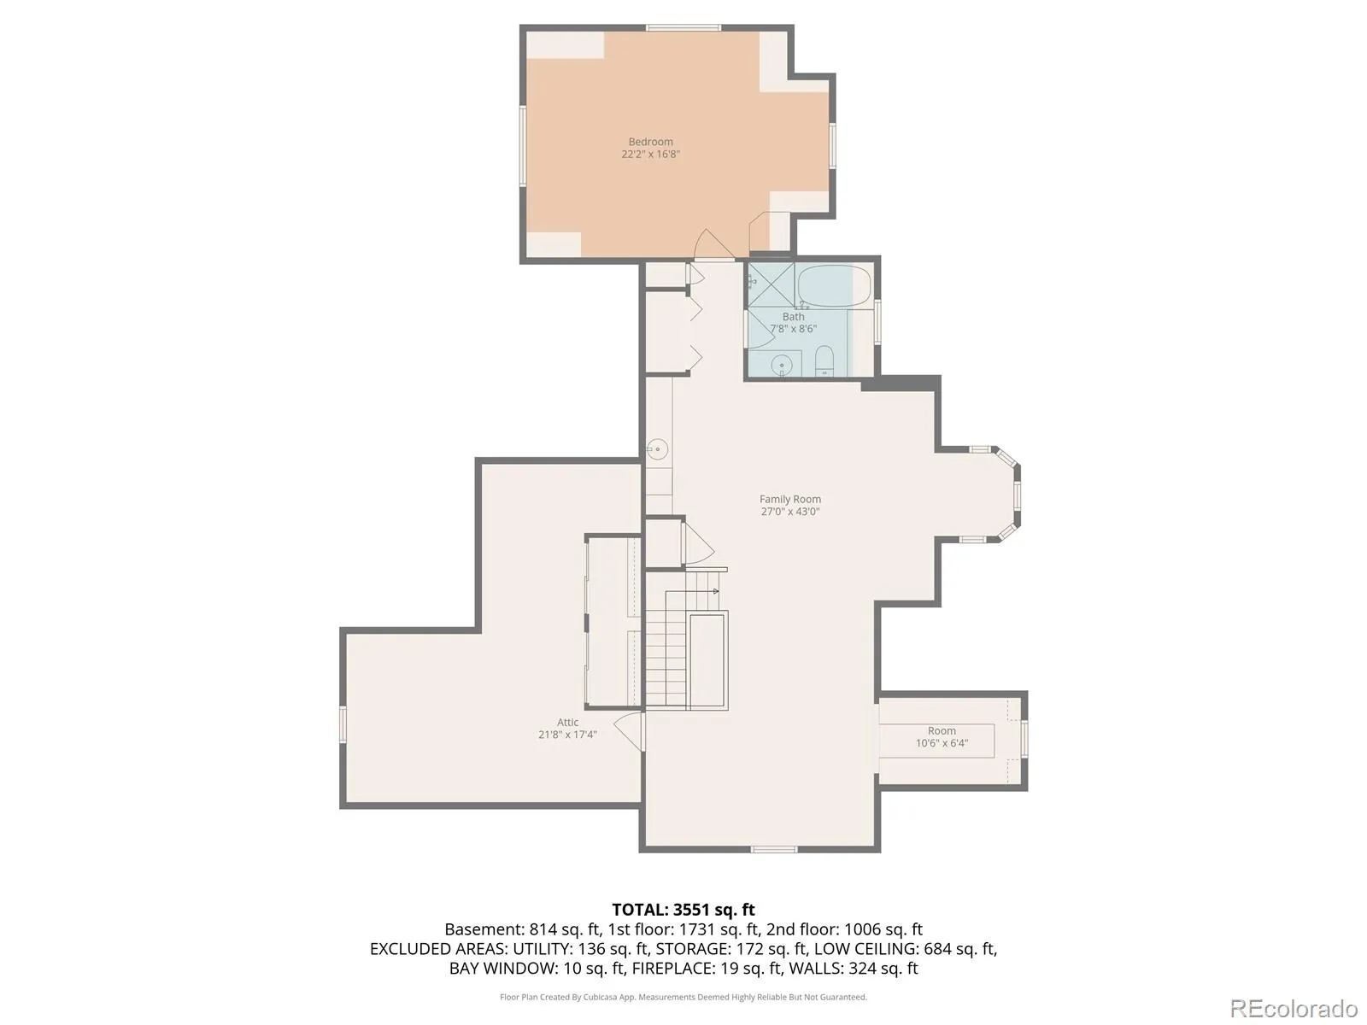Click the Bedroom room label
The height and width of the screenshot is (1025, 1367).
[x=650, y=142]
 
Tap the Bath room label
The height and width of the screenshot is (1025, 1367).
[x=793, y=317]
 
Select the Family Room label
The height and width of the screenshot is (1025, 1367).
[x=789, y=499]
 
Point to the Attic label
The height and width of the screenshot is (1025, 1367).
[x=567, y=722]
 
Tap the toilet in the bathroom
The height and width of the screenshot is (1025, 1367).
[x=824, y=361]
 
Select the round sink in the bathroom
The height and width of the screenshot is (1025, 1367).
[x=781, y=366]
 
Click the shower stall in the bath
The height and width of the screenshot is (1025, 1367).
[x=771, y=285]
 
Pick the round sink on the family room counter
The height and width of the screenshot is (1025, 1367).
[x=658, y=448]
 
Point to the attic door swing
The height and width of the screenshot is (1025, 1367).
[x=629, y=732]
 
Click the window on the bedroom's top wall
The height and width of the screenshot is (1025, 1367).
[x=683, y=28]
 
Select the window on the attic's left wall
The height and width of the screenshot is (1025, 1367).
[x=343, y=724]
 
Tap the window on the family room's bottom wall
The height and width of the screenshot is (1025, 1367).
[x=773, y=850]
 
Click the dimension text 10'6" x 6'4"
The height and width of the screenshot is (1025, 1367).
[x=941, y=743]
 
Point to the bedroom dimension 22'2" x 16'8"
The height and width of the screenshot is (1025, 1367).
[x=650, y=155]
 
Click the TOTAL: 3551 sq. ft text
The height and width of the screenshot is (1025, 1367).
[x=683, y=910]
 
